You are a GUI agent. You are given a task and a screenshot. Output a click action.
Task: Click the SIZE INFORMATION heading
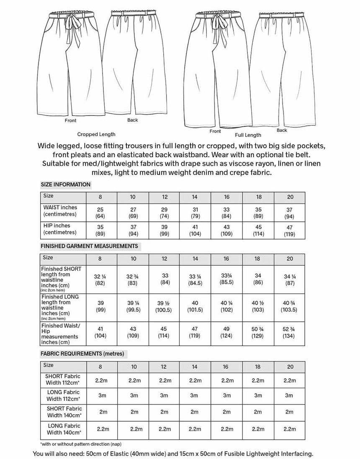65,184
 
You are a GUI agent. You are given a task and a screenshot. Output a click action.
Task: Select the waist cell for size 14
195,212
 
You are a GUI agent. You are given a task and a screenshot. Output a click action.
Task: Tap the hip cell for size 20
290,230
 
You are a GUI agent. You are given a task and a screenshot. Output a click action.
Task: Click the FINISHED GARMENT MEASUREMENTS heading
89,246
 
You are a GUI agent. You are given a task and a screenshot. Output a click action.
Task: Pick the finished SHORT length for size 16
226,279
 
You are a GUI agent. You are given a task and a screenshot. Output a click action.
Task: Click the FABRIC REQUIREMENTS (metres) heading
82,354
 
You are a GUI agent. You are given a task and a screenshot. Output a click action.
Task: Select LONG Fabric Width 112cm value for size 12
164,395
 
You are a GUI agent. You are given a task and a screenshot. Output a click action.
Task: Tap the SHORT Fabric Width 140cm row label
64,412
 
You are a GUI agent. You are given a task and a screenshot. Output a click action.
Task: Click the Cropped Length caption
96,134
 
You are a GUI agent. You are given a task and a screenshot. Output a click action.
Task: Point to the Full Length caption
248,135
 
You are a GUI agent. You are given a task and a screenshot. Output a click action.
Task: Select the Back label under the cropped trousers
132,120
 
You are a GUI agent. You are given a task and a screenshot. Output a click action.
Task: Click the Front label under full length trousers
215,131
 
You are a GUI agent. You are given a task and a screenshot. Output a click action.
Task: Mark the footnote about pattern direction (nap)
81,444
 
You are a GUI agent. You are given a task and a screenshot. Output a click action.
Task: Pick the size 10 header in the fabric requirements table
134,367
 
